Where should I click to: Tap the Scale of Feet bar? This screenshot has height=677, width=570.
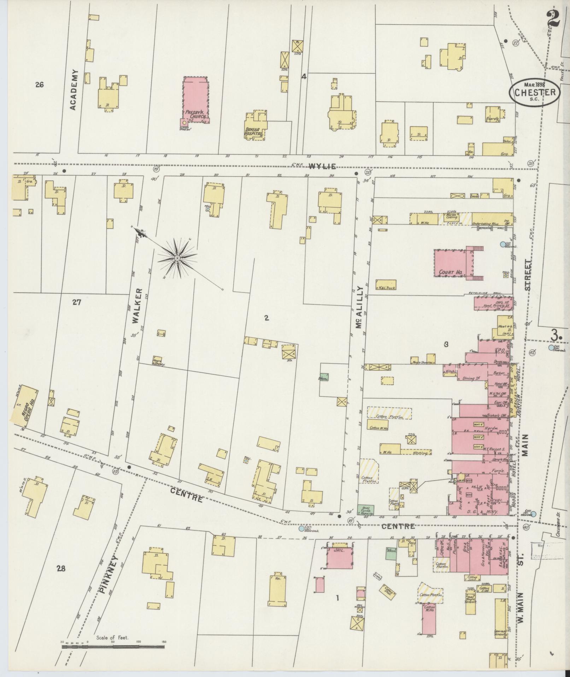point(113,647)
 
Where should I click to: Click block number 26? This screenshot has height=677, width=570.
point(39,85)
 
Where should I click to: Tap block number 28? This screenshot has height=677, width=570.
point(61,568)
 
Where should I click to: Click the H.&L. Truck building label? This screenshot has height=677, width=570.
point(386,288)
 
